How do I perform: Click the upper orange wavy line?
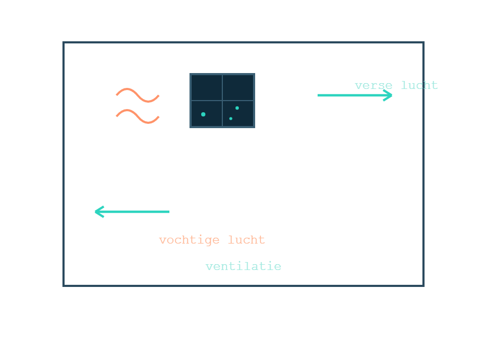click(x=138, y=95)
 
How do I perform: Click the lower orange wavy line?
click(x=138, y=116)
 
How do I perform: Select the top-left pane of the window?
click(x=206, y=87)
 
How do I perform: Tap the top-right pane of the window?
click(x=238, y=87)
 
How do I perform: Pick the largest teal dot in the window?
click(x=203, y=114)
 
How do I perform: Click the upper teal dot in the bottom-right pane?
click(x=237, y=108)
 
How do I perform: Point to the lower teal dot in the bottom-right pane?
click(x=231, y=119)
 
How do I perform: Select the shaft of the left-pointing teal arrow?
click(x=132, y=212)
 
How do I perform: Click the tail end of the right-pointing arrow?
click(x=318, y=95)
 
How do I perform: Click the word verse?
click(x=374, y=85)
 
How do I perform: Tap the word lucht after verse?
click(x=419, y=85)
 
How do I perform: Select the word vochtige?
click(x=189, y=240)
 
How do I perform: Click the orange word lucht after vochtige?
click(x=246, y=240)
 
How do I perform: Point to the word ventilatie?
click(x=243, y=266)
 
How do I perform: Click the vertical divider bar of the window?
click(x=222, y=101)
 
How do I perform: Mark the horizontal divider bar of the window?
click(x=222, y=101)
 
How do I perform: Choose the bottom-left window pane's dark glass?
click(x=206, y=114)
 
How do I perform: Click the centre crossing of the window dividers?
click(x=222, y=101)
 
